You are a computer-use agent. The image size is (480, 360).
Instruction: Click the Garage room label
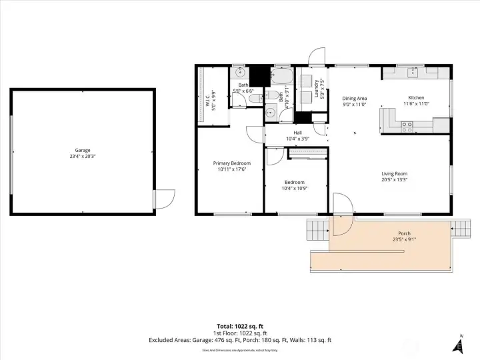[x=82, y=150]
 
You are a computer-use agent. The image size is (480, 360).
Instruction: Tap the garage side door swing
[x=165, y=198]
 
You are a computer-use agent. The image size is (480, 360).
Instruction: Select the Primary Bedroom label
[x=232, y=163]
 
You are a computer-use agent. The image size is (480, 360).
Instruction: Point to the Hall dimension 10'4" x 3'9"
[x=294, y=139]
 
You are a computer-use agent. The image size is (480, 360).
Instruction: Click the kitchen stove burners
[x=407, y=124]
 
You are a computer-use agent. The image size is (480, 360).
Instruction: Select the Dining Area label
[x=355, y=98]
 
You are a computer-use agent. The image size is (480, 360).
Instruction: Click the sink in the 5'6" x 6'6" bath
[x=241, y=73]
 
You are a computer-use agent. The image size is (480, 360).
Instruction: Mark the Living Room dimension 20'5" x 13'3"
[x=394, y=179]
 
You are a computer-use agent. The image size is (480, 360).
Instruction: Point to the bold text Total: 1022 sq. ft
[x=239, y=326]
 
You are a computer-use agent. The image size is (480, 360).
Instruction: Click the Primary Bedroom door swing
[x=255, y=133]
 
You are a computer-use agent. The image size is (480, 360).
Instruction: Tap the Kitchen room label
[x=415, y=98]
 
